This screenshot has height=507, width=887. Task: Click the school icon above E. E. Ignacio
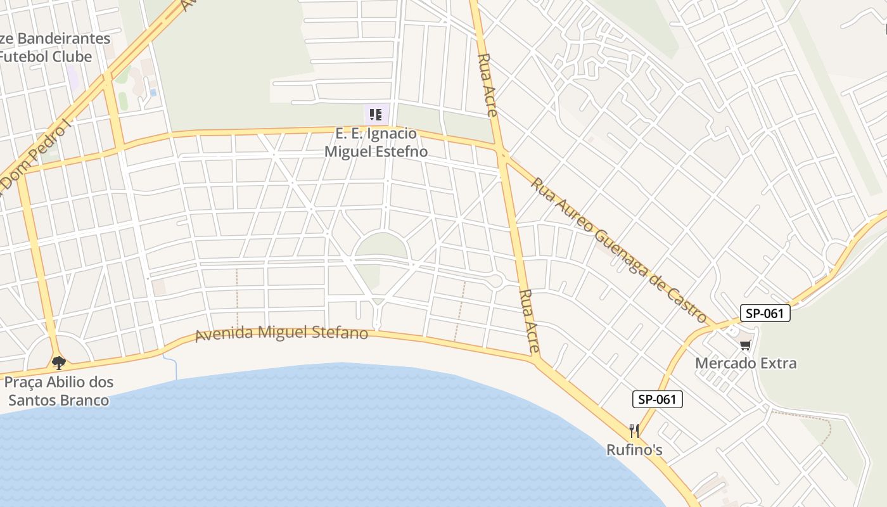pyautogui.click(x=376, y=115)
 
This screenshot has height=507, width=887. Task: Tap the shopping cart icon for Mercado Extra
pyautogui.click(x=746, y=345)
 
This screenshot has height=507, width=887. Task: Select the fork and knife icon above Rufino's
pyautogui.click(x=634, y=431)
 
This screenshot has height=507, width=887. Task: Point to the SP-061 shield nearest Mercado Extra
pyautogui.click(x=765, y=313)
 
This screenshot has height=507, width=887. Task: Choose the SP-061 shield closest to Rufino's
pyautogui.click(x=657, y=399)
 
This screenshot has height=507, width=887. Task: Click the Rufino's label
pyautogui.click(x=634, y=450)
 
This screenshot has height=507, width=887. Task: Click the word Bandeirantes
pyautogui.click(x=63, y=39)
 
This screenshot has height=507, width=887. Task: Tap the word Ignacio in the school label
pyautogui.click(x=393, y=134)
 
